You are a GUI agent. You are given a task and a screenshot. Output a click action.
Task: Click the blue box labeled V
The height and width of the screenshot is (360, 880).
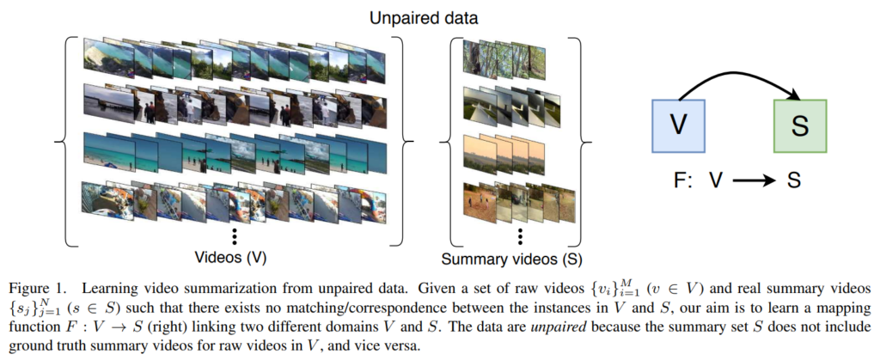(x=678, y=125)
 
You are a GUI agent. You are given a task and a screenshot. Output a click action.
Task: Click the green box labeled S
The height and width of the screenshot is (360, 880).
(x=800, y=125)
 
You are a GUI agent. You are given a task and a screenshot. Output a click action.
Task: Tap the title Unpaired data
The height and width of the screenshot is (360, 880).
(x=423, y=19)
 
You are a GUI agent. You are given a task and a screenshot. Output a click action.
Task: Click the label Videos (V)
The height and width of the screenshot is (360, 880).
(x=230, y=258)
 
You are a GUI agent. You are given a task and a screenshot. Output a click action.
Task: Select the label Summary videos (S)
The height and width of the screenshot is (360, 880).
(x=511, y=259)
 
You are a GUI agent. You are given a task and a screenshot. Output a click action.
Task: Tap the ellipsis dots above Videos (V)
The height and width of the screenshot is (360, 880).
(x=235, y=237)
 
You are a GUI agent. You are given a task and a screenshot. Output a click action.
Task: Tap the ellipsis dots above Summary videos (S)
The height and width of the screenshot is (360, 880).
(x=520, y=237)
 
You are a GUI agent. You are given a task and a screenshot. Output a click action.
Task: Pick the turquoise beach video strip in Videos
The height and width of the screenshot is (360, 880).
(x=235, y=152)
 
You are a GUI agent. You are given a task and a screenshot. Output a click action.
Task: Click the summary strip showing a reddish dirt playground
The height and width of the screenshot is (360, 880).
(x=519, y=201)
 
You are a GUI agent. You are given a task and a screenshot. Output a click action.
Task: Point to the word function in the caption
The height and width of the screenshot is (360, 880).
(x=28, y=326)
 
